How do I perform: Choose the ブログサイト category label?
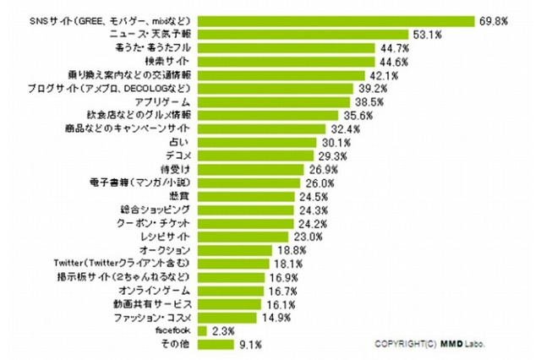tap(137, 89)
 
